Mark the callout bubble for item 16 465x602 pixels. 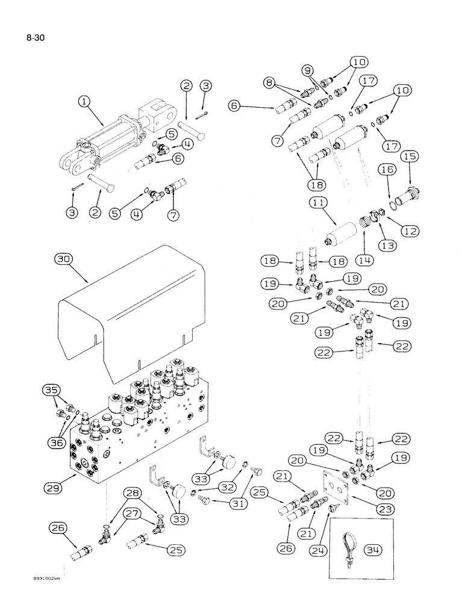tap(387, 172)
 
